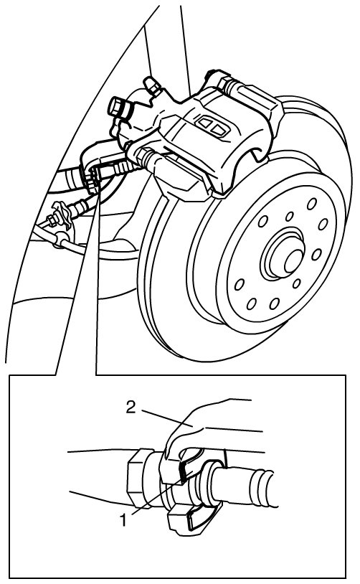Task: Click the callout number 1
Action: click(x=123, y=519)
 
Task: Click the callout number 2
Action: click(x=131, y=407)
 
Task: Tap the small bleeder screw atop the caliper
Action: click(x=153, y=85)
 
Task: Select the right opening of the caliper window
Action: click(x=219, y=129)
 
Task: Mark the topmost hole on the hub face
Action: click(x=312, y=203)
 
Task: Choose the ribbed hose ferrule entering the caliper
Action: click(x=120, y=168)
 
